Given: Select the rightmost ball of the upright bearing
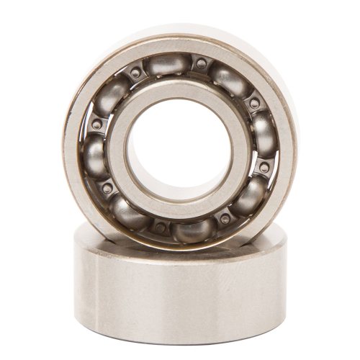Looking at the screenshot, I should click(264, 135).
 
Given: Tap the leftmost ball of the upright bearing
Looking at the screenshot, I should click(94, 155).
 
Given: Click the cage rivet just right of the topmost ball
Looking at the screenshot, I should click(202, 63).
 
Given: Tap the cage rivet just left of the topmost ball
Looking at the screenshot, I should click(135, 73).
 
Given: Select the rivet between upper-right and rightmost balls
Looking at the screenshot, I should click(254, 104).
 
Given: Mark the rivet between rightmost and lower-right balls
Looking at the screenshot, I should click(264, 167).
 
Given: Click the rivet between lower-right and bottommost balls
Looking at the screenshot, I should click(225, 218).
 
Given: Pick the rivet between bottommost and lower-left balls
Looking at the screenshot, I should click(160, 228).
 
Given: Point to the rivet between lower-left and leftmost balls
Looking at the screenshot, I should click(107, 189).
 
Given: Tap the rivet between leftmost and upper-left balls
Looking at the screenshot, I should click(96, 124).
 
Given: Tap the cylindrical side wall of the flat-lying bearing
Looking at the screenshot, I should click(180, 295).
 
